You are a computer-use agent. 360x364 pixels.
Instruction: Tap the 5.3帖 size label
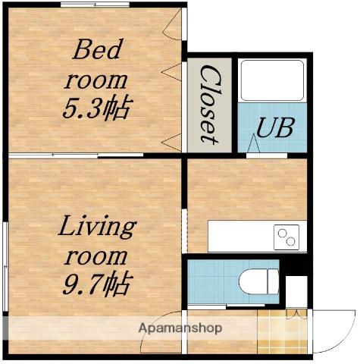[96, 107]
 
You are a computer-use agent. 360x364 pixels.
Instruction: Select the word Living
[97, 226]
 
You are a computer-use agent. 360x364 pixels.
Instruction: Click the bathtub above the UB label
[271, 80]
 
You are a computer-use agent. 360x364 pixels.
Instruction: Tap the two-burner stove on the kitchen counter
[287, 237]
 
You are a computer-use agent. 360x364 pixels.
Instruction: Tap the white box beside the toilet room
[296, 291]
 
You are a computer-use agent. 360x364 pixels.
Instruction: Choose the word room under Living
[97, 256]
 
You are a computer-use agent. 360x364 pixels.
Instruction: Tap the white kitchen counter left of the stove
[239, 237]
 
